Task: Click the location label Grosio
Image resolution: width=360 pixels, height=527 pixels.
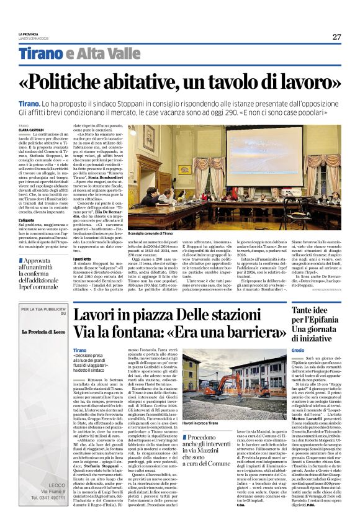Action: [315, 351]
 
